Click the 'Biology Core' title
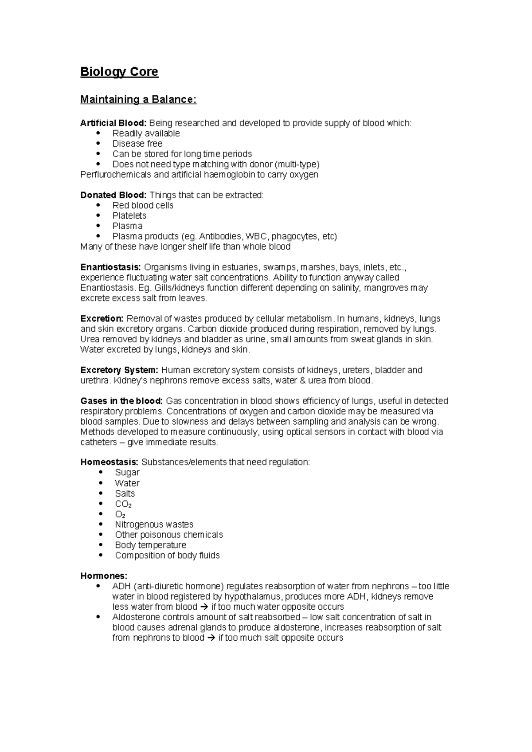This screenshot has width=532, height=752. [x=119, y=72]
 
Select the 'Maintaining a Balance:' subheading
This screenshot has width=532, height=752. [x=138, y=99]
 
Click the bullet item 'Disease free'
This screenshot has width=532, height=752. [x=137, y=144]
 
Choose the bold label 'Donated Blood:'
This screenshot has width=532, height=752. [x=113, y=195]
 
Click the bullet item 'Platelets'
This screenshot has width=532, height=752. [x=129, y=215]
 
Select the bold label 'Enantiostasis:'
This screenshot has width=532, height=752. [x=110, y=267]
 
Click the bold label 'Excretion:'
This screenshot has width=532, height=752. [x=102, y=318]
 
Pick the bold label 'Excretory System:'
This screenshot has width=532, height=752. [x=119, y=370]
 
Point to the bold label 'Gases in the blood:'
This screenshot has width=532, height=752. [x=121, y=401]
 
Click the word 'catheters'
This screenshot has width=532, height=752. [x=99, y=442]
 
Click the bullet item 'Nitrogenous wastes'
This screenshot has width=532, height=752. [x=154, y=525]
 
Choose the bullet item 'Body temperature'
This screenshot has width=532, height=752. [x=150, y=545]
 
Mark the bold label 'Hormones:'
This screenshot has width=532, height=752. [x=104, y=576]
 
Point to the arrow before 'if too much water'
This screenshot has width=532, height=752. [x=204, y=607]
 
